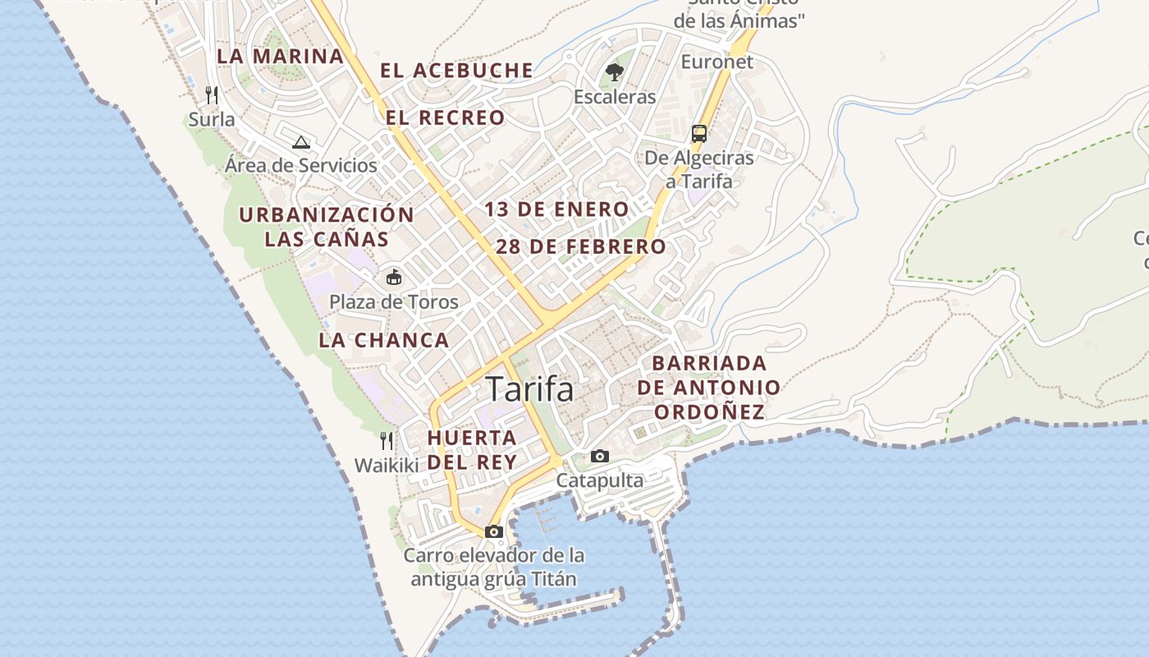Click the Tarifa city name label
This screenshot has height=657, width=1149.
pos(530,389)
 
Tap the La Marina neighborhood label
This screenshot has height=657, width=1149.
pos(280,57)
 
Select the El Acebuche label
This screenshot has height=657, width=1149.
pos(456,71)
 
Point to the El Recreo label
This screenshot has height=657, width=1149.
pos(446,117)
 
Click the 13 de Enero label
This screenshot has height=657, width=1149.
pos(556,209)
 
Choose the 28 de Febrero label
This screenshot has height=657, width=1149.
pos(581,246)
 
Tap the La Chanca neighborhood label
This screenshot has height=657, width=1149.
pos(384,340)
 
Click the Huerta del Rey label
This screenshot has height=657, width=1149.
pos(472,449)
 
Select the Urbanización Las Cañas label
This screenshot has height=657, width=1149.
pos(327,227)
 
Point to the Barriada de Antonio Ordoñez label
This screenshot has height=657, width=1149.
pos(709,387)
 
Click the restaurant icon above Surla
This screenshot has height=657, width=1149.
pos(212,94)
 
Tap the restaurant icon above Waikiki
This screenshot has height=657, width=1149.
pos(387,441)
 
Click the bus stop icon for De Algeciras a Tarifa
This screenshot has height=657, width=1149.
pos(698,133)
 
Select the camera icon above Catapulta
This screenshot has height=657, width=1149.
pos(600,456)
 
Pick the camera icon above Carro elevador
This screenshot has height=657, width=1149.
pos(493,531)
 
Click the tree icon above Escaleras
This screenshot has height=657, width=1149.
pos(614,72)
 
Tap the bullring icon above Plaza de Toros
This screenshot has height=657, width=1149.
pos(394,277)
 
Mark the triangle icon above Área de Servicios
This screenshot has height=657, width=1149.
pos(301,141)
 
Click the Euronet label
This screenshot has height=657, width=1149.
pos(716,62)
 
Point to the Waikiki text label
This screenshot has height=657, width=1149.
pos(387,465)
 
